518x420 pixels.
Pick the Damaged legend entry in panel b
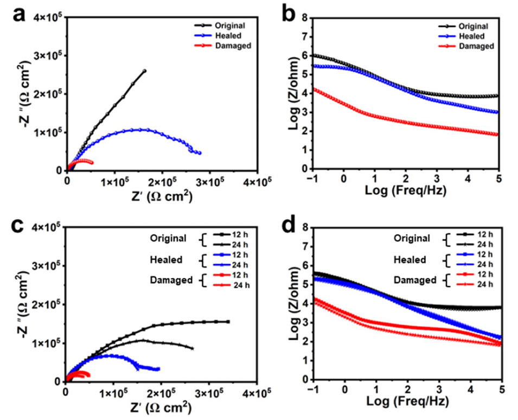point(476,46)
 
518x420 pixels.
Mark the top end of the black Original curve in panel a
point(144,71)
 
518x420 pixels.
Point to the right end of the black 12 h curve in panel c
point(228,321)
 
